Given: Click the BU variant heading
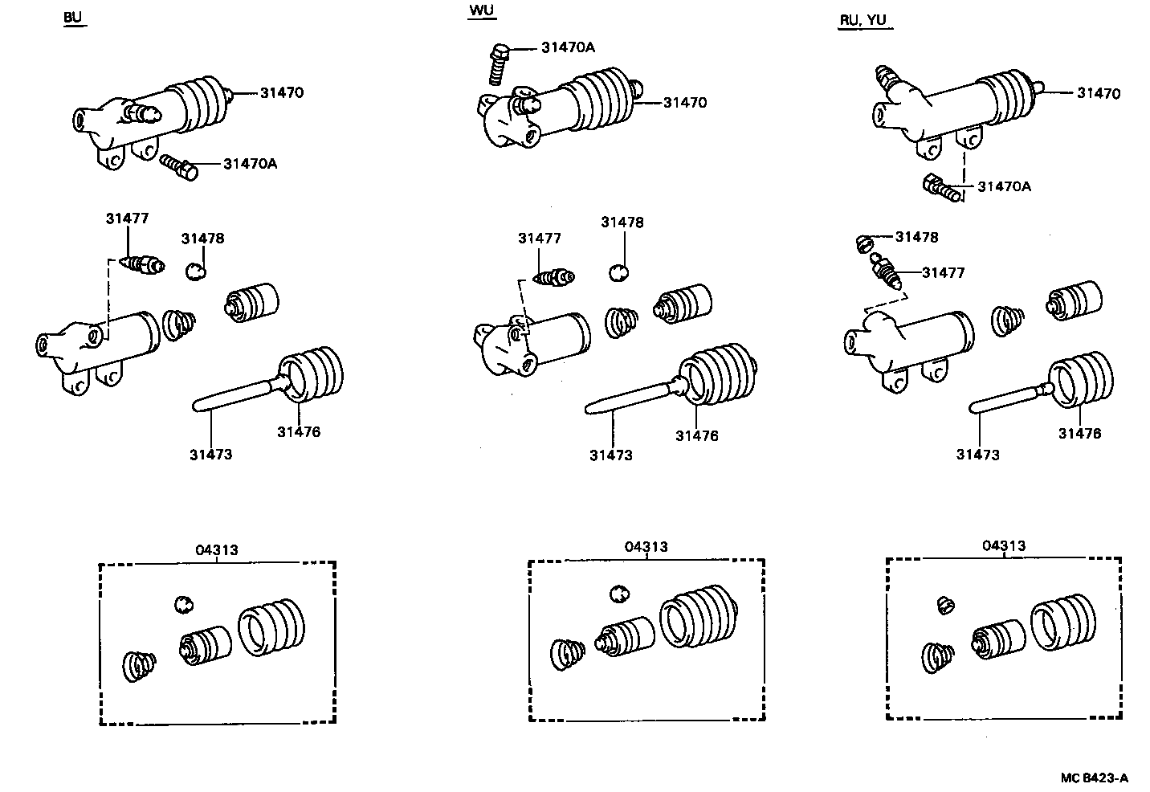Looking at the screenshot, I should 73,18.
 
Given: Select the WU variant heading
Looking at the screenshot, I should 481,10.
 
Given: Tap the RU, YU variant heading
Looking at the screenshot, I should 863,20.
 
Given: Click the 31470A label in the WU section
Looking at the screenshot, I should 568,47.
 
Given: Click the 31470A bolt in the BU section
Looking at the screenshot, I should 179,167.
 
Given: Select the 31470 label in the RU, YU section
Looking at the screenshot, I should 1098,93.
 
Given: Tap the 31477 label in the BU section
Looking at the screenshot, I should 127,218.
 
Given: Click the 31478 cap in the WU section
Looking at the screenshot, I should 617,273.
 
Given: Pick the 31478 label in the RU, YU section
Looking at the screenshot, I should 916,237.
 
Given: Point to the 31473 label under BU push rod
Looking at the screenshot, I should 210,455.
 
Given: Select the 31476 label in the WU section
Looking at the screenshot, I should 696,436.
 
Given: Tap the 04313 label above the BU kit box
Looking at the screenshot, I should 216,550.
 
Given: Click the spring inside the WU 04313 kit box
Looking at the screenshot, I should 569,651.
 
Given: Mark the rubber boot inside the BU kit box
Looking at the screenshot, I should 271,627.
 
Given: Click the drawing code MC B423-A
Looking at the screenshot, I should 1094,778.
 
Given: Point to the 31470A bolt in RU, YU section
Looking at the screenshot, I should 941,189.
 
